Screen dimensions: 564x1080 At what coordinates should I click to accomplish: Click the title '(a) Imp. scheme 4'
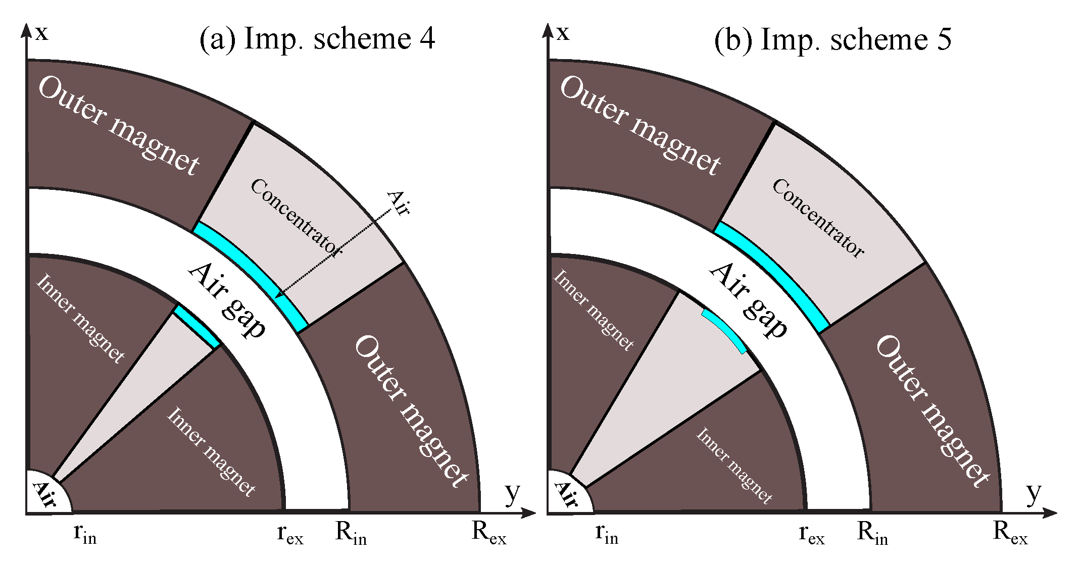click(317, 39)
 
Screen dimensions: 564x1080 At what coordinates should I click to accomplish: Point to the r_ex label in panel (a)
click(290, 534)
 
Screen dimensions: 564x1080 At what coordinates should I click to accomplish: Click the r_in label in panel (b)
click(607, 534)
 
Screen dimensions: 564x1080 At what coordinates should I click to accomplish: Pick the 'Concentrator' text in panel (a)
click(297, 217)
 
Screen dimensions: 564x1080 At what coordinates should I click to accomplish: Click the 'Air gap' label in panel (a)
click(227, 300)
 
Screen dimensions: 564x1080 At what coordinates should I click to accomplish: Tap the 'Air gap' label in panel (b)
click(749, 300)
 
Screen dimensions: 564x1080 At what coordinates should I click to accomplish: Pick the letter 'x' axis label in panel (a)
click(42, 33)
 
